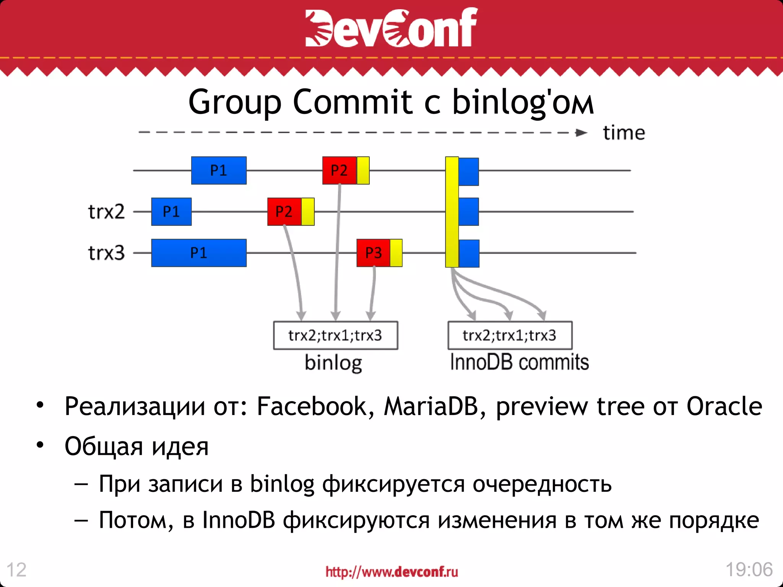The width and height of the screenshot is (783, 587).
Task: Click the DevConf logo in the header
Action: click(391, 28)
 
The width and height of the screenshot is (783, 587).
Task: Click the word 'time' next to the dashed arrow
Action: click(624, 133)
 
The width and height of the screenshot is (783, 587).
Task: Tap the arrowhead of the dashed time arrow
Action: click(581, 133)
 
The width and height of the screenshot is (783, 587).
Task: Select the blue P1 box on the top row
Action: click(219, 170)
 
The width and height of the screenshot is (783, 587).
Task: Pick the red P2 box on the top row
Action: click(339, 170)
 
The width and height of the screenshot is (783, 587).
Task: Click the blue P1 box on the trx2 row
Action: click(171, 212)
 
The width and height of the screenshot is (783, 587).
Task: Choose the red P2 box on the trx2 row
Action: click(284, 212)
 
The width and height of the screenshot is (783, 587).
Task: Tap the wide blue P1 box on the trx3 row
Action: click(199, 253)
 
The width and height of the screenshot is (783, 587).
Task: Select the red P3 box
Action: click(373, 253)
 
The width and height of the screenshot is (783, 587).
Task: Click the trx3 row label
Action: click(106, 253)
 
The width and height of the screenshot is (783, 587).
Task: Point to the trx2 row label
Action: click(106, 212)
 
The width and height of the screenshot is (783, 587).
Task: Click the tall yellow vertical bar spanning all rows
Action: click(452, 212)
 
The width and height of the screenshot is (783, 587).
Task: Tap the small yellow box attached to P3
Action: click(396, 253)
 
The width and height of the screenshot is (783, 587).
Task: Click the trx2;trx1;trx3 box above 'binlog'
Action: click(335, 336)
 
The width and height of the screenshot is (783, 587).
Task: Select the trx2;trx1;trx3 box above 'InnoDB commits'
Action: click(510, 336)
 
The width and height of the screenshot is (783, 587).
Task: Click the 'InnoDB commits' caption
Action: click(519, 362)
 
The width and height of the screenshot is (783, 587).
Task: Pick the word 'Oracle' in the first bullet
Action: click(724, 406)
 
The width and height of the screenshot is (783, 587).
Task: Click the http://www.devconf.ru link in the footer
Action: click(391, 572)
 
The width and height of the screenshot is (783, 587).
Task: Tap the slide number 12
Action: click(16, 570)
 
